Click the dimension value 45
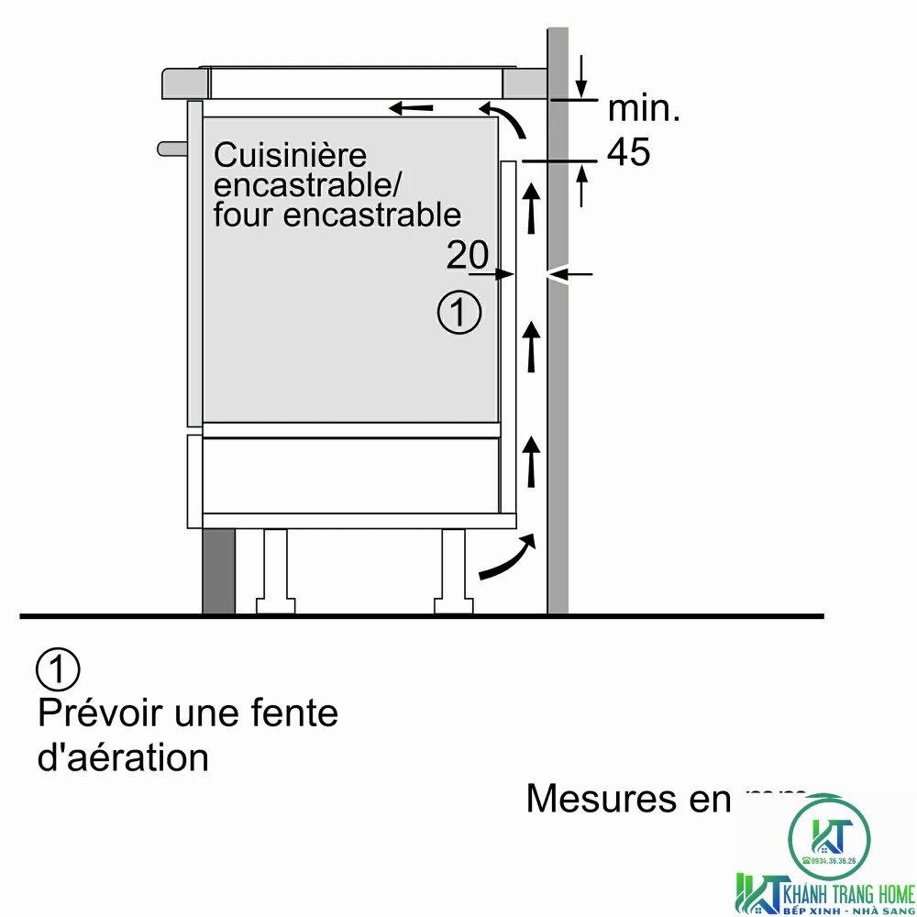tap(629, 153)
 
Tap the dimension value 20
tap(468, 256)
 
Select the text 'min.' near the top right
tap(645, 110)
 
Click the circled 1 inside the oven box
tap(459, 314)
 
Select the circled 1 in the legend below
tap(58, 670)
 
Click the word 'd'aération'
tap(123, 758)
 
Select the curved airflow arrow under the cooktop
tap(506, 119)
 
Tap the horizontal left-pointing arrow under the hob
tap(411, 108)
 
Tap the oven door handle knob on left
tap(171, 148)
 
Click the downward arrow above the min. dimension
tap(582, 77)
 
